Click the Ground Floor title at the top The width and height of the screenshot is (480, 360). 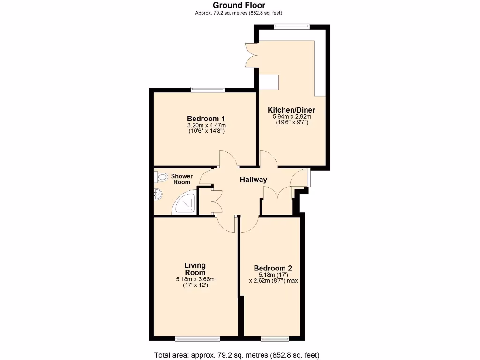point(239,5)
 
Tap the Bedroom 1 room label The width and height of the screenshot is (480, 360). point(206,118)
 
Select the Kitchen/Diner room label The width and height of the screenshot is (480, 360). point(292,110)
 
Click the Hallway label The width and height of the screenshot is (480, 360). point(254,180)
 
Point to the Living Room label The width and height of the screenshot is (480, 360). point(195,269)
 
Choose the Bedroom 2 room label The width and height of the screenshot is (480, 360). point(273,268)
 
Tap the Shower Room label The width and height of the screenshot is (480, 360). point(181,179)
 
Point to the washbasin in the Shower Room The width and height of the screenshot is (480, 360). point(157,193)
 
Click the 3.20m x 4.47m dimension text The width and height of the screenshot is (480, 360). point(206,125)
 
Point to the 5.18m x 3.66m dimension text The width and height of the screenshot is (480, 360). point(195,279)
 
